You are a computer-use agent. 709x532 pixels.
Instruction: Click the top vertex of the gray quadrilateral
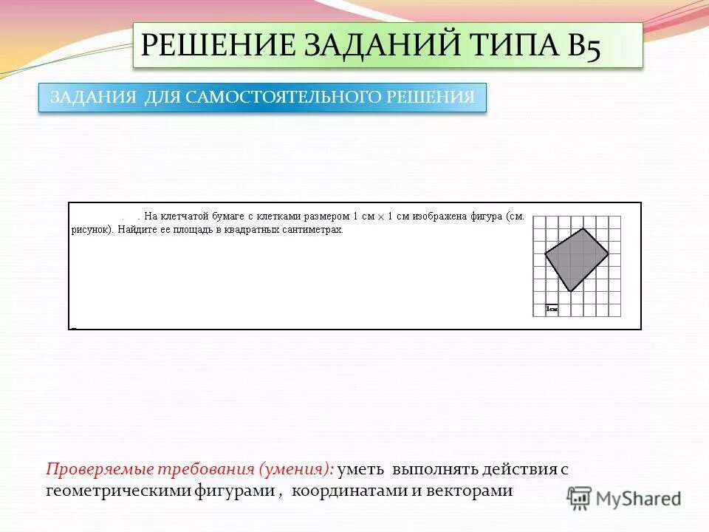(583, 228)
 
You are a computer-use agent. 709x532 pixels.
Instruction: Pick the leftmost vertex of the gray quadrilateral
(545, 254)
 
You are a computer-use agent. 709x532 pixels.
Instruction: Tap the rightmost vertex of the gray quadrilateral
(609, 253)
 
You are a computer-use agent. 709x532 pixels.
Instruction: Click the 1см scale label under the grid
(551, 309)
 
